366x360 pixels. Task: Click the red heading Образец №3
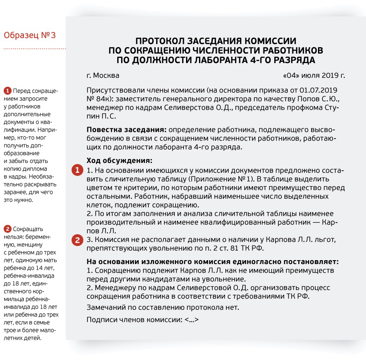tap(29, 35)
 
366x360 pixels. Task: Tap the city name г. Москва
tap(103, 76)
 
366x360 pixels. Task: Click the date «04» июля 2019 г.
tap(314, 76)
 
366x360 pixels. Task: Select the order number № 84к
tap(99, 99)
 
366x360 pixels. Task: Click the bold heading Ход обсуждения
tap(119, 161)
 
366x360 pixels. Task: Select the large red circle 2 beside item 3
tap(77, 240)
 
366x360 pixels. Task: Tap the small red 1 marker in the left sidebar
tap(7, 91)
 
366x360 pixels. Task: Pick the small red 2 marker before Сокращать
tap(7, 229)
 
